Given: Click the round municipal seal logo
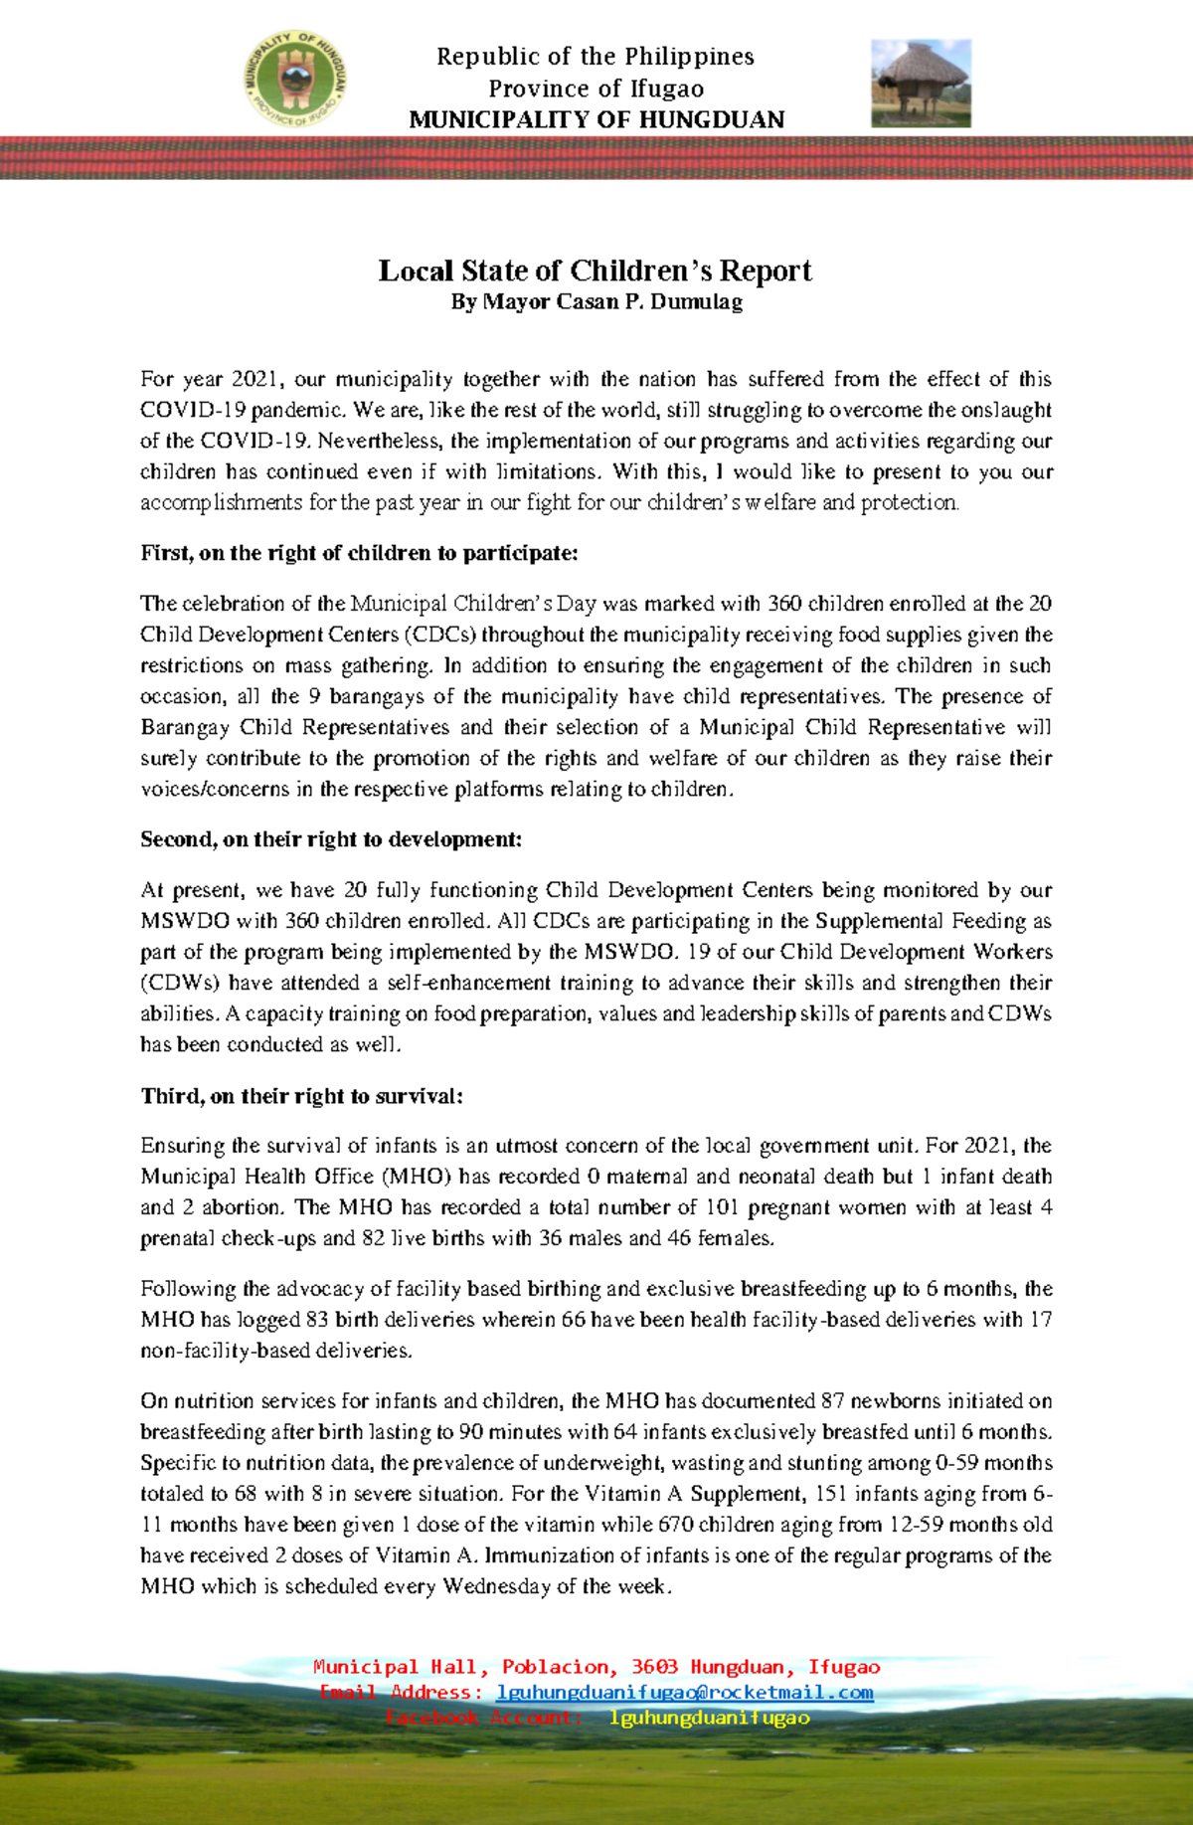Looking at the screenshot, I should (296, 78).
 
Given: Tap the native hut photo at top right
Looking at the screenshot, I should (921, 84).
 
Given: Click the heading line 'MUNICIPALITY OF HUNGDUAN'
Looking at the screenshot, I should (596, 119).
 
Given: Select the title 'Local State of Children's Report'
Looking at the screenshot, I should (595, 271).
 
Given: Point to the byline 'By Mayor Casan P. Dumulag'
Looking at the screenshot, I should (596, 301).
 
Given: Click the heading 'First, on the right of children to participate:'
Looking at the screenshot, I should (359, 553).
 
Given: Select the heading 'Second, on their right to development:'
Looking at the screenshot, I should (331, 839).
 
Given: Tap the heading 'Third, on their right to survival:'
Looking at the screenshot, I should (302, 1096).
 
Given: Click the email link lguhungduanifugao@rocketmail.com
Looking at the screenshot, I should (685, 1692).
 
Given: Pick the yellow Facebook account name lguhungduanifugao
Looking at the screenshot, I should (709, 1718).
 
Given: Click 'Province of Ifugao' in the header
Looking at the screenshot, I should (596, 89).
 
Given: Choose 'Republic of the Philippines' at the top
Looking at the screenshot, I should (596, 57).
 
